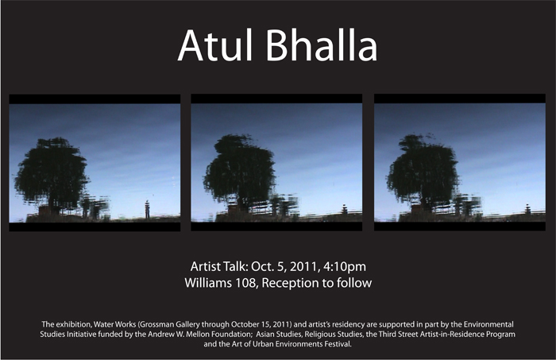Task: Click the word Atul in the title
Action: pyautogui.click(x=215, y=45)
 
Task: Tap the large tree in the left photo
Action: pyautogui.click(x=52, y=175)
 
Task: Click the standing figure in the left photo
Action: pyautogui.click(x=147, y=209)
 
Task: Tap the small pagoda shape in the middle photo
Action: pyautogui.click(x=344, y=209)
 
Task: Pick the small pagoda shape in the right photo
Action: pyautogui.click(x=527, y=209)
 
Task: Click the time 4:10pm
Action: pyautogui.click(x=345, y=267)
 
